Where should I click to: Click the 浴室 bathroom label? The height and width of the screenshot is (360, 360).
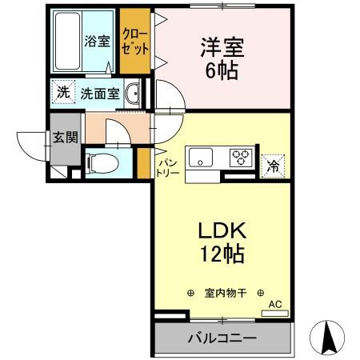pos(98,41)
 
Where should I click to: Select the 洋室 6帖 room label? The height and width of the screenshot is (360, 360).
pos(218,57)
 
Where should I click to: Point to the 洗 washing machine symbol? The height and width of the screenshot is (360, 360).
pos(62,92)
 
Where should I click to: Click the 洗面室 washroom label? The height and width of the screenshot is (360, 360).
pos(100,93)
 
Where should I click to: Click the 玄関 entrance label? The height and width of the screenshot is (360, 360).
pos(65,137)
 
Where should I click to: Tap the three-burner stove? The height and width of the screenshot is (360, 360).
pos(241,158)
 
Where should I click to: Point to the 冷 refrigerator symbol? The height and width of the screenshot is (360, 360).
pos(274,166)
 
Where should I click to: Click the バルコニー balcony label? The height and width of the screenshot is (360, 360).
pos(222,338)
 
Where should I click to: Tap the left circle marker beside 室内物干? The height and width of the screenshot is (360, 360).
pos(190,293)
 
